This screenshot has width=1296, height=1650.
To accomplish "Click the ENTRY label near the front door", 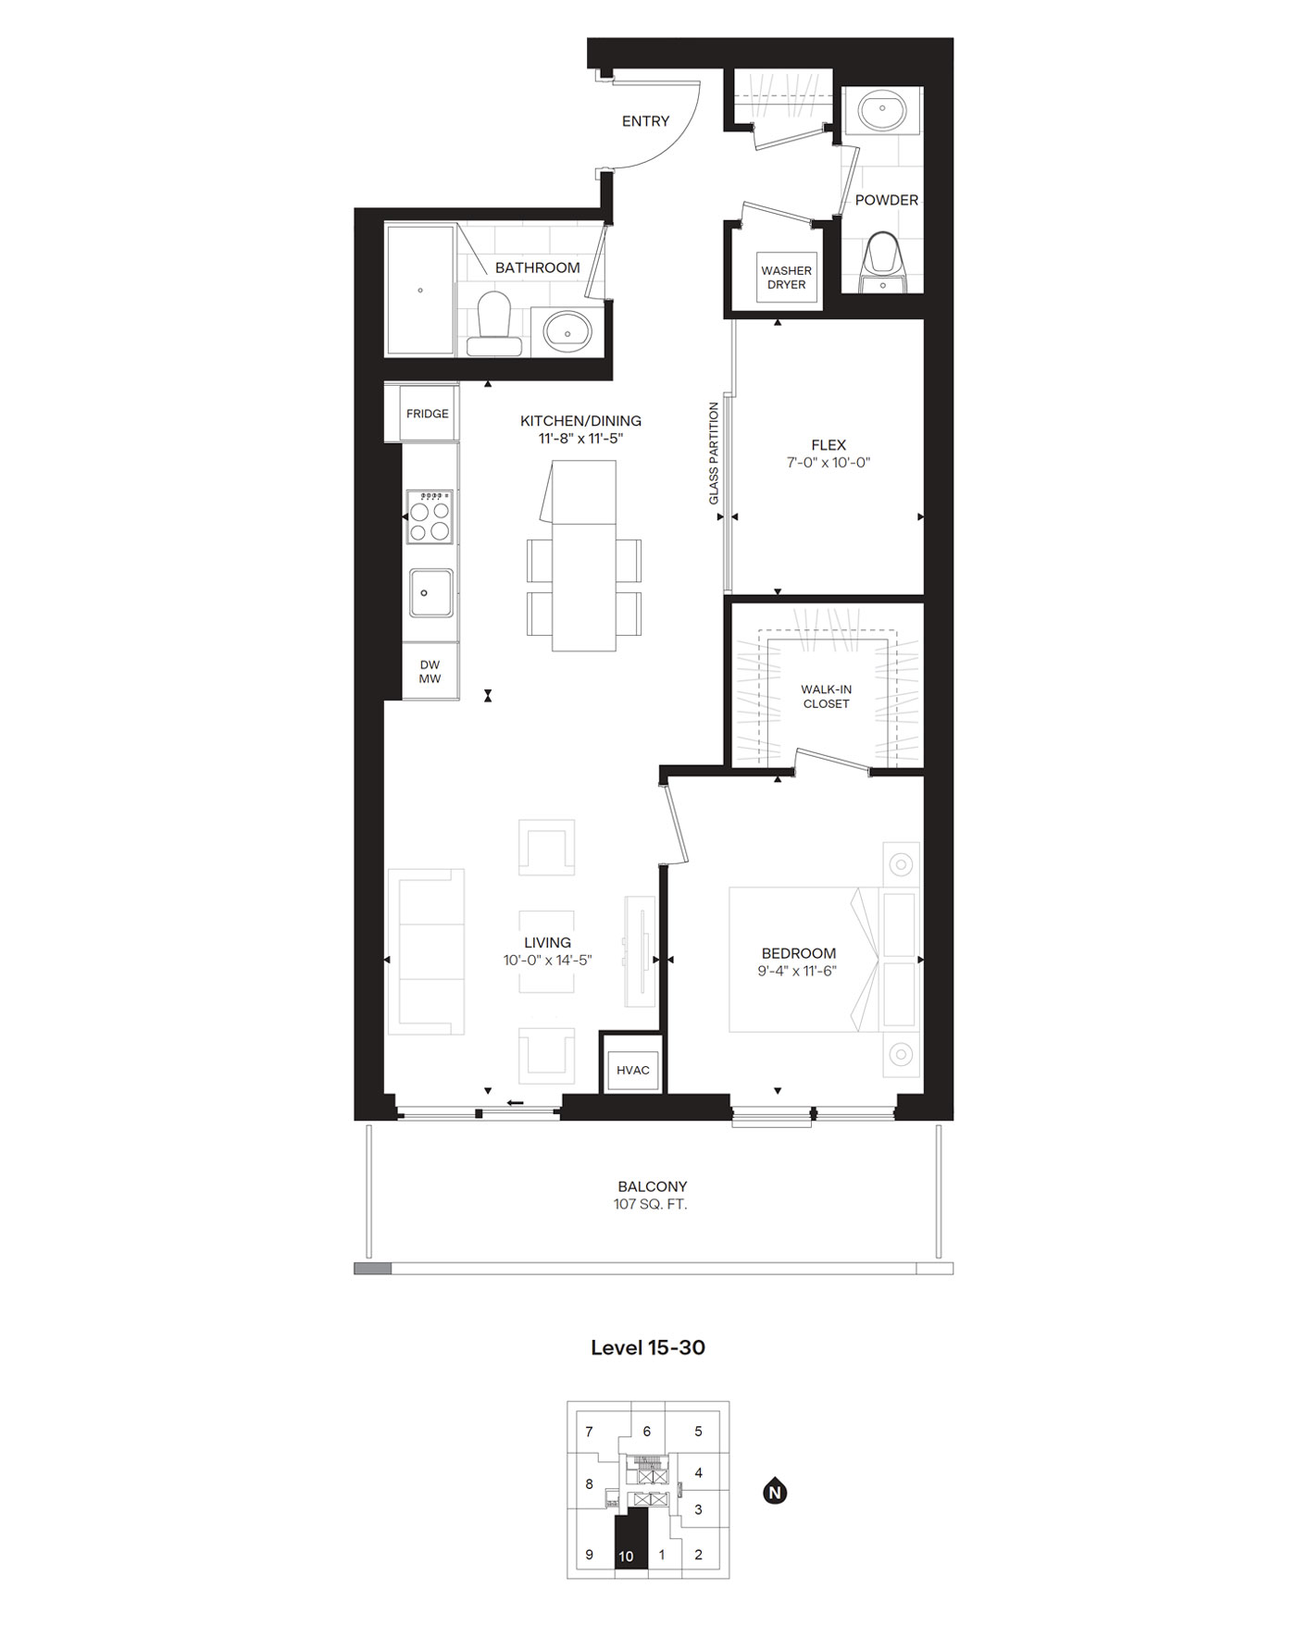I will pyautogui.click(x=645, y=121).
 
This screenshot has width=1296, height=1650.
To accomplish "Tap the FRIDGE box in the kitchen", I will pyautogui.click(x=427, y=414).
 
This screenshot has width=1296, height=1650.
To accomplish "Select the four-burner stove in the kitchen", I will pyautogui.click(x=430, y=516).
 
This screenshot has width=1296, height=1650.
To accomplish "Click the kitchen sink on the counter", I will pyautogui.click(x=431, y=592).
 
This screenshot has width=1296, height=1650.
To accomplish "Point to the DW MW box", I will pyautogui.click(x=430, y=672).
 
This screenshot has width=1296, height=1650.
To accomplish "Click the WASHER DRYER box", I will pyautogui.click(x=786, y=278).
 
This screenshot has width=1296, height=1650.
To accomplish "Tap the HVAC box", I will pyautogui.click(x=632, y=1070).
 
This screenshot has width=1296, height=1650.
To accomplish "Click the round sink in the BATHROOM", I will pyautogui.click(x=566, y=329).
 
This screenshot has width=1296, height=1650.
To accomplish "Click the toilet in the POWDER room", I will pyautogui.click(x=884, y=257).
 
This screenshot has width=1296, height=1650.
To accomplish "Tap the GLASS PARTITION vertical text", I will pyautogui.click(x=714, y=453).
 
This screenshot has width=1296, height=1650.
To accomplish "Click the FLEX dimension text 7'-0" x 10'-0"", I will pyautogui.click(x=829, y=462).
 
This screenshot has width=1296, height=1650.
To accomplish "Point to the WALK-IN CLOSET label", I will pyautogui.click(x=826, y=697).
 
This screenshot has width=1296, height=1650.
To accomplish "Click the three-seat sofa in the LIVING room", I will pyautogui.click(x=427, y=951).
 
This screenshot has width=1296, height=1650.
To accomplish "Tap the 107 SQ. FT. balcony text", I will pyautogui.click(x=652, y=1205).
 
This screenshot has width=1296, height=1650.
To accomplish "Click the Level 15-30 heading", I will pyautogui.click(x=647, y=1347).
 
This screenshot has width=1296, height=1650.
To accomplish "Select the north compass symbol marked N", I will pyautogui.click(x=775, y=1492).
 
